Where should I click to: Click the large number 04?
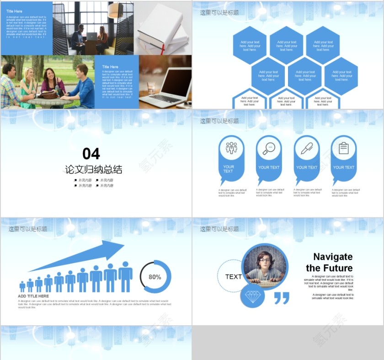[91, 154]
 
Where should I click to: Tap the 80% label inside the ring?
[155, 277]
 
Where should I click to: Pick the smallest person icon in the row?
[22, 286]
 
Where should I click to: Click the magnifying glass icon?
[268, 148]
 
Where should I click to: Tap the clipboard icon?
[344, 148]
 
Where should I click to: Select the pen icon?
[306, 148]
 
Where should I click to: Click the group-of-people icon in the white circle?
[231, 148]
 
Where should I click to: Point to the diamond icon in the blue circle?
[252, 296]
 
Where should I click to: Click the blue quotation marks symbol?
[282, 298]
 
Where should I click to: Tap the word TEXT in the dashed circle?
[233, 276]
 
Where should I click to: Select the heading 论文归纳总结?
[94, 170]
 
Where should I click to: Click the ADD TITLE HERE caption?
[33, 296]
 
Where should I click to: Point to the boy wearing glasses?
[264, 265]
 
